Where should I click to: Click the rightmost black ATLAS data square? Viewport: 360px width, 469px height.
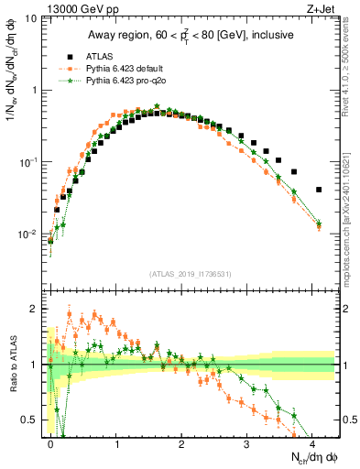click(319, 190)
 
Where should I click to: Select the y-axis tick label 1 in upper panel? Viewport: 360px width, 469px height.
click(37, 91)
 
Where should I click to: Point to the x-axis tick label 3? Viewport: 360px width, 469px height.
click(247, 442)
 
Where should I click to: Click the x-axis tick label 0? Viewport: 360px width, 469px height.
click(50, 442)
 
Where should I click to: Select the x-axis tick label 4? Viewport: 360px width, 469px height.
click(312, 442)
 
